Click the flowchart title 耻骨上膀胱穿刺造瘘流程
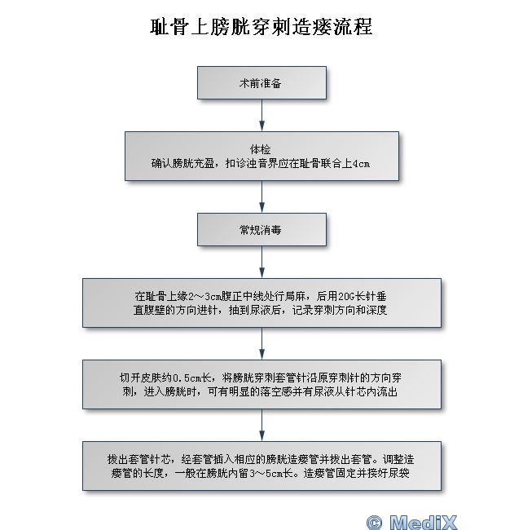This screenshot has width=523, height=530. (261, 27)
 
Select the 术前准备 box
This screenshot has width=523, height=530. (261, 83)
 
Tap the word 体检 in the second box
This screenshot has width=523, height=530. (261, 149)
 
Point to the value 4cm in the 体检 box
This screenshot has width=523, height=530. (361, 164)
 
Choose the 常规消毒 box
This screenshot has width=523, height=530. (261, 229)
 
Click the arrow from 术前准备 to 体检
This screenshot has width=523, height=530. (261, 115)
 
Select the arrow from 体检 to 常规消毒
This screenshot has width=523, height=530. (261, 197)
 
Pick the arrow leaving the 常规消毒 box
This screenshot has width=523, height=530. (261, 263)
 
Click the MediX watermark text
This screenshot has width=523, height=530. (424, 522)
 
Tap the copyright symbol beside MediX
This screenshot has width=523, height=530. (375, 523)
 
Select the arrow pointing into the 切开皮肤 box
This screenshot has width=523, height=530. (261, 344)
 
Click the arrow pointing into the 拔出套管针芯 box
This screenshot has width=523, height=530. (261, 425)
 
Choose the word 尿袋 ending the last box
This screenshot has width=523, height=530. (398, 473)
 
